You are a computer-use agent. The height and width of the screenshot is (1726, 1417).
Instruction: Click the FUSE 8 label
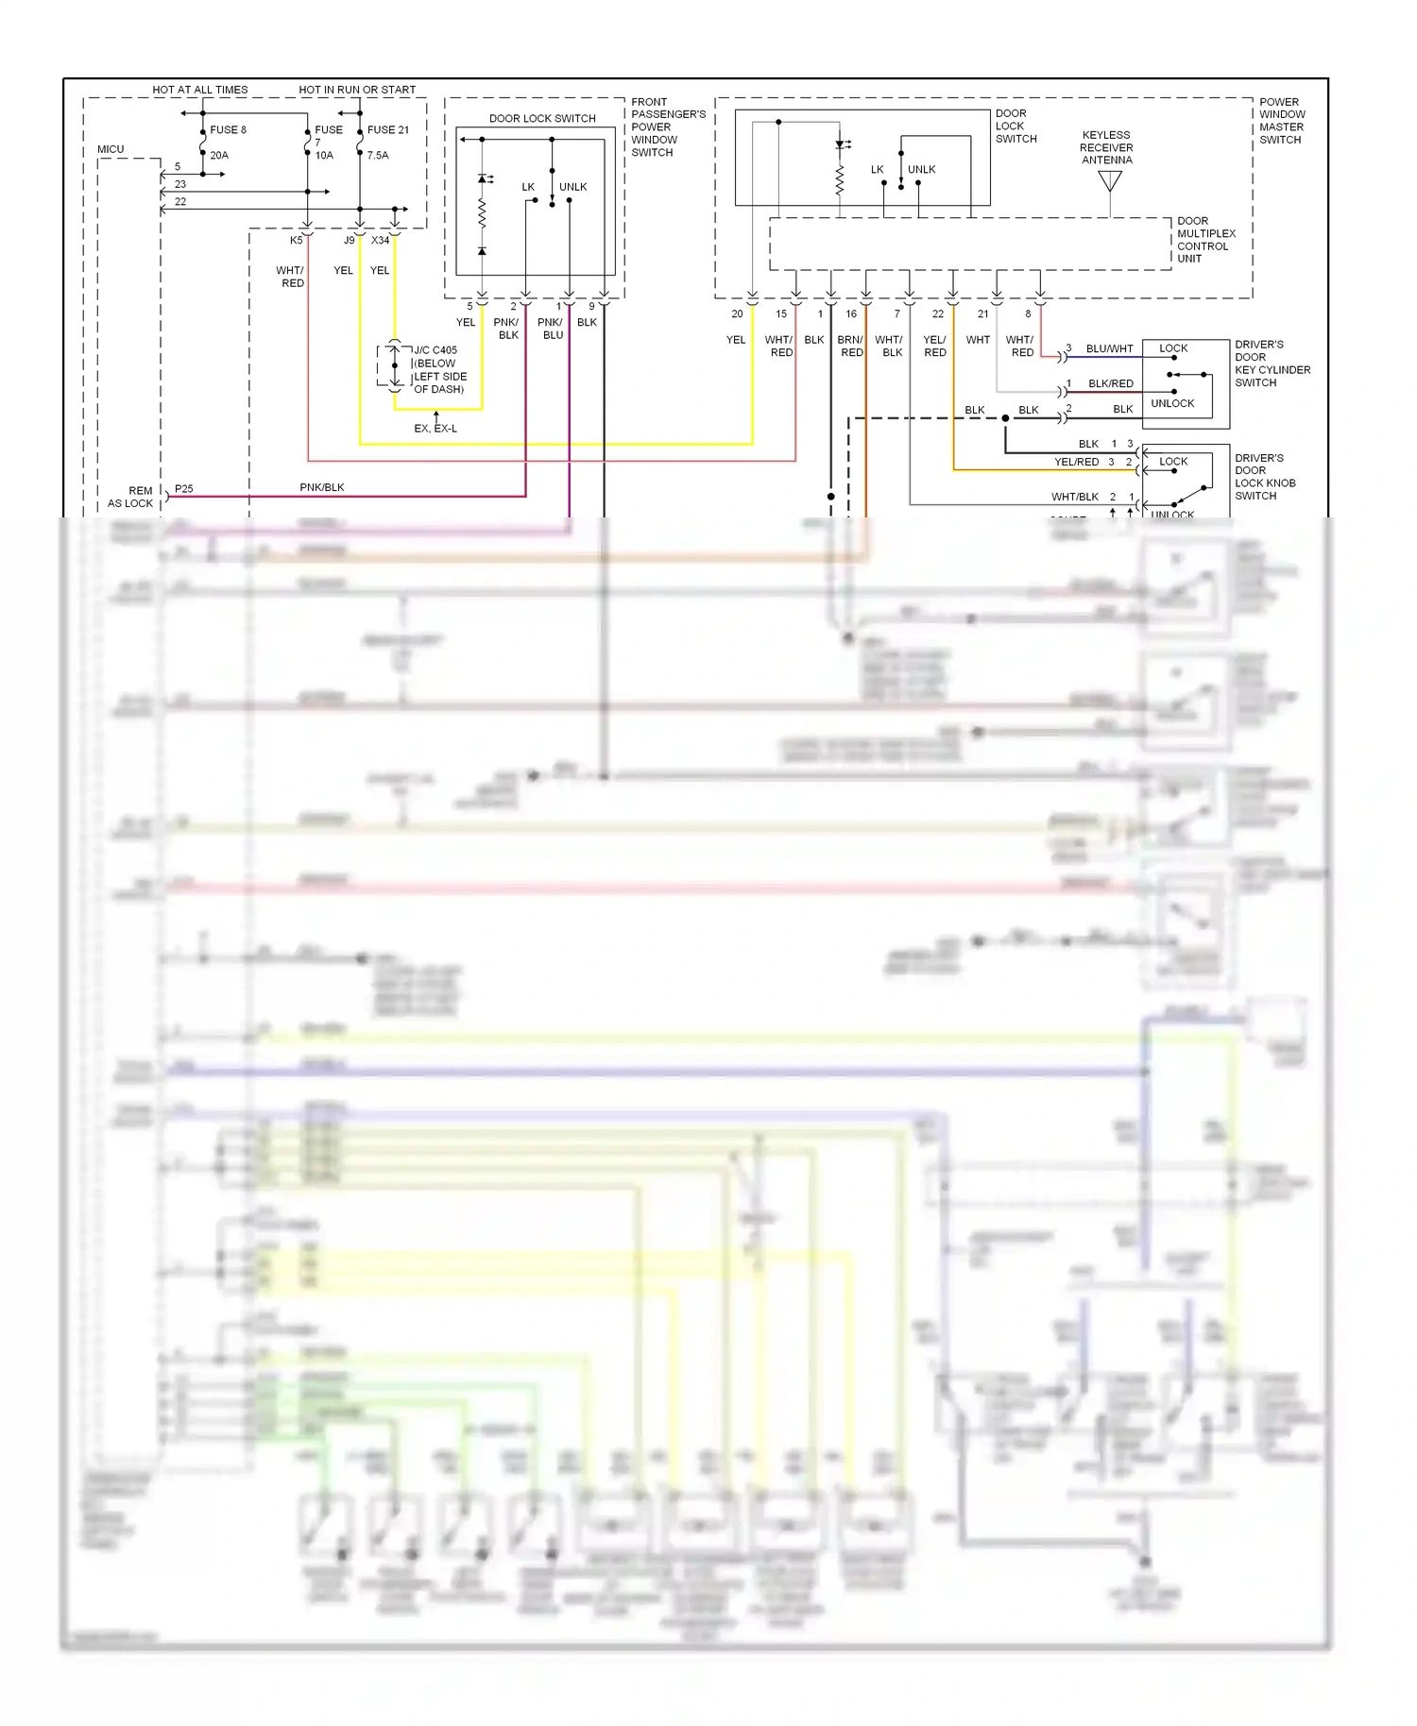[x=228, y=130]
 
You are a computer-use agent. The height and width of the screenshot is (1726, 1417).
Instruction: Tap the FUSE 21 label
[x=388, y=130]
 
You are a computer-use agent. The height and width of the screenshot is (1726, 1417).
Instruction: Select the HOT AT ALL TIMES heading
[x=200, y=90]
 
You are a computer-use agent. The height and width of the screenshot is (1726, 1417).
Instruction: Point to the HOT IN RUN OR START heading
[x=357, y=90]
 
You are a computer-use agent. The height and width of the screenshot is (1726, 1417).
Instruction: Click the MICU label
[x=111, y=149]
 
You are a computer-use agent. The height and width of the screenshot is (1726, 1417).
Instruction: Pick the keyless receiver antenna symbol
[x=1110, y=180]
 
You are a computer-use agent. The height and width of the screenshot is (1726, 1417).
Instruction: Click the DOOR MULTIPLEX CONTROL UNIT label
[x=1205, y=240]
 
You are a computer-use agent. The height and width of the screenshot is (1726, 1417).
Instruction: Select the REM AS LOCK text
[x=131, y=497]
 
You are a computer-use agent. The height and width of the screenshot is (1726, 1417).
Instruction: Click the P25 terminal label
[x=184, y=489]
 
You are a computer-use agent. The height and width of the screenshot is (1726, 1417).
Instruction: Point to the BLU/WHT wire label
[x=1109, y=348]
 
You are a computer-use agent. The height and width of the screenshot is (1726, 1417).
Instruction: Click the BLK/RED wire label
[x=1110, y=383]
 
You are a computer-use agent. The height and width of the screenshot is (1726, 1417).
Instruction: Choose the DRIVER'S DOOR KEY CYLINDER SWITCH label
[x=1272, y=364]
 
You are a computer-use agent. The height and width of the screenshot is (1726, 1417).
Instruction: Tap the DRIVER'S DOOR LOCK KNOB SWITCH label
[x=1265, y=477]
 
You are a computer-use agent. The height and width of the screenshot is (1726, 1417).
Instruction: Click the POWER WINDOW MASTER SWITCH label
[x=1281, y=121]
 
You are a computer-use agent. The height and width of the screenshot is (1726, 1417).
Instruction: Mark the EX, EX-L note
[x=435, y=429]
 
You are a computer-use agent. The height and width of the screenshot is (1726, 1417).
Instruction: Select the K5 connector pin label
[x=297, y=241]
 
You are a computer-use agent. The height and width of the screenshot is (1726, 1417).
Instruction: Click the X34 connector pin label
[x=381, y=241]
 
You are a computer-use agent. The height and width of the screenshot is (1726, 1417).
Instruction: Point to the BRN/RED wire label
[x=850, y=346]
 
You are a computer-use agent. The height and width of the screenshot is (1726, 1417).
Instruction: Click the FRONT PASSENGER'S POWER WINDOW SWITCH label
[x=668, y=127]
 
